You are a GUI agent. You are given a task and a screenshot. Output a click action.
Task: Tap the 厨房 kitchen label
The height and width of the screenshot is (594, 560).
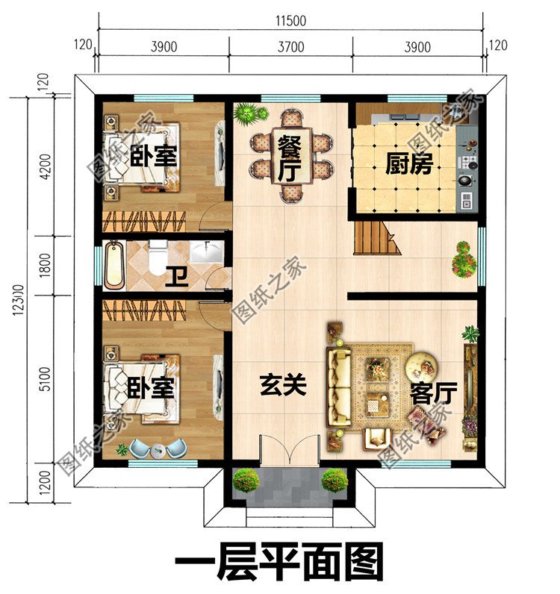click(408, 163)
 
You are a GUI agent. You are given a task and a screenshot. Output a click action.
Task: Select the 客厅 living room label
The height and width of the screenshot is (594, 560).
click(432, 393)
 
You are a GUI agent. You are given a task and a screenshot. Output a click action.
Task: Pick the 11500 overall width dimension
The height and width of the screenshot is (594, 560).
click(290, 21)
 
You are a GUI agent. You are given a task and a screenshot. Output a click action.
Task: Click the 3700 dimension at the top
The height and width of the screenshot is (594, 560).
click(290, 47)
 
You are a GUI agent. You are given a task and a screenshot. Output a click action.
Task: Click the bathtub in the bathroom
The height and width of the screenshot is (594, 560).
click(116, 265)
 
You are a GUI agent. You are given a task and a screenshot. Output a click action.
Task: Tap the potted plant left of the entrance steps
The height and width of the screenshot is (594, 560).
click(246, 481)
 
